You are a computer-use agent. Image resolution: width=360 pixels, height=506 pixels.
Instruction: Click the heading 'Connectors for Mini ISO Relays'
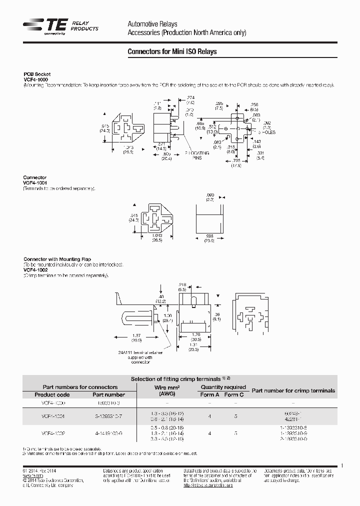pyautogui.click(x=172, y=51)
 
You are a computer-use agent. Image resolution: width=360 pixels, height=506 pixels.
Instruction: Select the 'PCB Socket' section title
pyautogui.click(x=37, y=74)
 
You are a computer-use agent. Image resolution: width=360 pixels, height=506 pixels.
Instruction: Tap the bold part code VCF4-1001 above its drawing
pyautogui.click(x=35, y=182)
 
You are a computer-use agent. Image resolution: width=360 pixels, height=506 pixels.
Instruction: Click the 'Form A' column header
pyautogui.click(x=209, y=394)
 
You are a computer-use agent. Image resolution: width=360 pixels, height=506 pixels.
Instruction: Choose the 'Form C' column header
pyautogui.click(x=234, y=394)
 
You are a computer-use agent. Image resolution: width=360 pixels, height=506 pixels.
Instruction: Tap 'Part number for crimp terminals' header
pyautogui.click(x=293, y=390)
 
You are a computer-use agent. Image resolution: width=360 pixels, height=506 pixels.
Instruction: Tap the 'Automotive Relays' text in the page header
pyautogui.click(x=152, y=24)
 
